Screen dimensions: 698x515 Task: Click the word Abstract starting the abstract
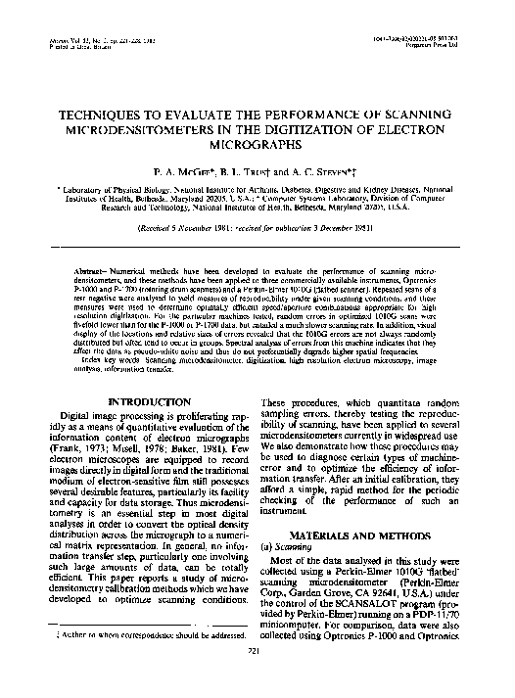[x=91, y=267]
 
